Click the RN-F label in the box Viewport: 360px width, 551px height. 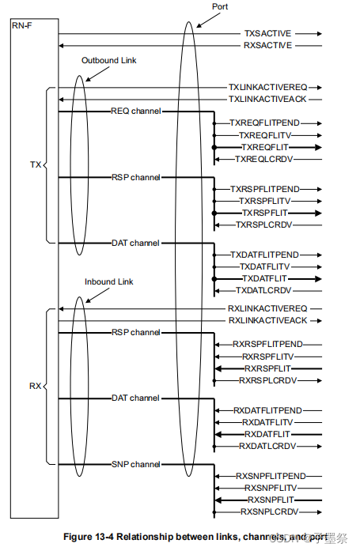pyautogui.click(x=23, y=28)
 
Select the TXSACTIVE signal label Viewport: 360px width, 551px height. pyautogui.click(x=267, y=34)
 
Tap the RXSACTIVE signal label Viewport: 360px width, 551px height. pyautogui.click(x=267, y=45)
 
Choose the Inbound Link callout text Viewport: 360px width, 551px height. pyautogui.click(x=109, y=281)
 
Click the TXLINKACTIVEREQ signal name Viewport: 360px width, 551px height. pyautogui.click(x=268, y=88)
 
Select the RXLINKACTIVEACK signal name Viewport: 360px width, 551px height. pyautogui.click(x=268, y=320)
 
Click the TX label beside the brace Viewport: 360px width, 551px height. pyautogui.click(x=35, y=166)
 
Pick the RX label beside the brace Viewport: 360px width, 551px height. pyautogui.click(x=35, y=387)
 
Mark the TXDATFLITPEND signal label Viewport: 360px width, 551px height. pyautogui.click(x=264, y=255)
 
